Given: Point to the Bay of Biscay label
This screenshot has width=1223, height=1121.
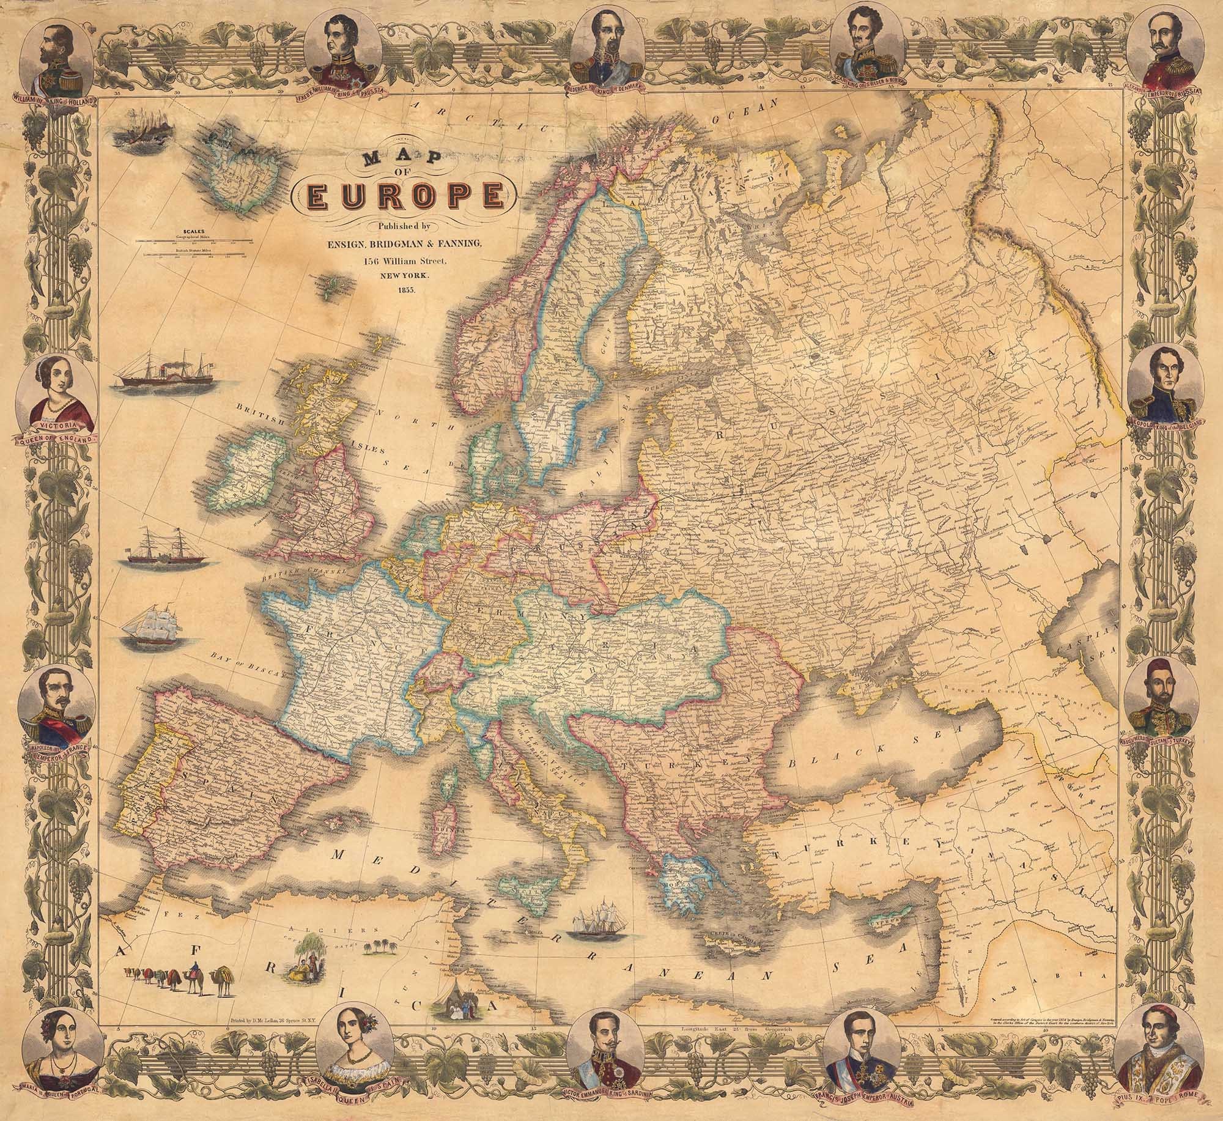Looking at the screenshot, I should (x=248, y=663).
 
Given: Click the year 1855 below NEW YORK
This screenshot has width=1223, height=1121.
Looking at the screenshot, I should (x=404, y=289).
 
